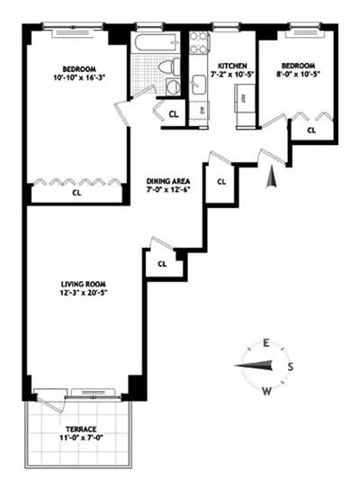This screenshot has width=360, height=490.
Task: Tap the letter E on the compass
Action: coord(266,342)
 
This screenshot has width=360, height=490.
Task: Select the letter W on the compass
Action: coord(267,390)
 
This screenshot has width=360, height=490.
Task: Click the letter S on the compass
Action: coord(291,366)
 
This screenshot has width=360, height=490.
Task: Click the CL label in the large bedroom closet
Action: coord(76,192)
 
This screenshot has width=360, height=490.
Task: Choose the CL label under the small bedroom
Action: coord(311,131)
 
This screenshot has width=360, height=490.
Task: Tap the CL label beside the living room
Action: coord(162,264)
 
